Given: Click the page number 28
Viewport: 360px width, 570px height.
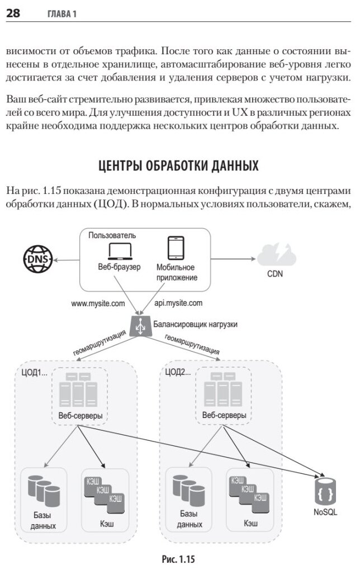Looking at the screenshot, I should pos(13,13).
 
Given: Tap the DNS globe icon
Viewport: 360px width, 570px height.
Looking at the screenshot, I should pos(36,259).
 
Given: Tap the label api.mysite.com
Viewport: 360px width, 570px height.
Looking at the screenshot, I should pos(178,304).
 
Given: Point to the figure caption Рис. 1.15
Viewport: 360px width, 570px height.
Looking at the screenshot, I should pos(179,558).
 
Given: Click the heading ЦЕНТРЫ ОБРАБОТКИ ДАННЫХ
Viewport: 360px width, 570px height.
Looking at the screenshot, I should pos(179,166).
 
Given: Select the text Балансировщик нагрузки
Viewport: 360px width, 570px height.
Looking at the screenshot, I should pos(196,324).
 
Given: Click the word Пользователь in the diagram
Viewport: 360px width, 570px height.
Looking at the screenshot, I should pos(112,235).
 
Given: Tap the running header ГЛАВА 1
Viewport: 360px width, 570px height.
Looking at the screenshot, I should pos(58,14).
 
